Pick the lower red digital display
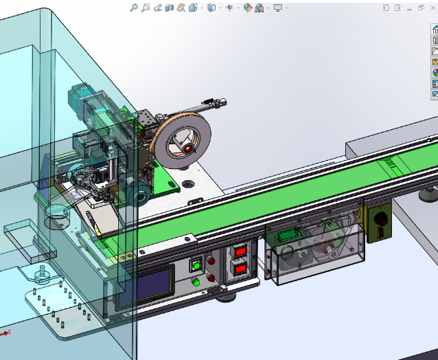tap(241, 269)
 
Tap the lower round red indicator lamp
tap(211, 278)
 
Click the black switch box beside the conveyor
tap(378, 221)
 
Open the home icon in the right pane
tap(435, 30)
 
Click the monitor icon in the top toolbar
tap(277, 8)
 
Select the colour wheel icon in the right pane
tap(435, 72)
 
